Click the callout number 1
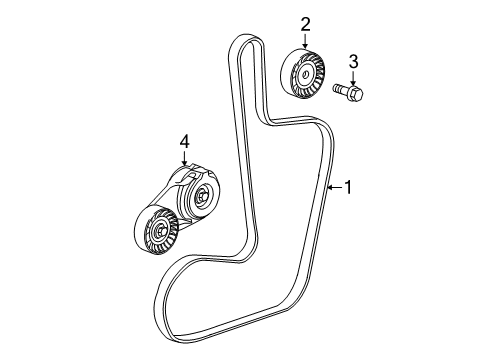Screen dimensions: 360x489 coord(348,186)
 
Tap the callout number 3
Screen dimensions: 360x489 coord(352,62)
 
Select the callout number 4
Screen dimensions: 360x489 coord(183,145)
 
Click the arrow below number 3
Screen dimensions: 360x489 coord(352,77)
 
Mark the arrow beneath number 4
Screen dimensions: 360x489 coord(183,162)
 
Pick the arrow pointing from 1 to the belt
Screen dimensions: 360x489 coord(333,186)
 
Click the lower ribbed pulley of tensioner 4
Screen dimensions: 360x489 coord(155,236)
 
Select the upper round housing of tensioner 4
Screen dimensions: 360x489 coord(202,198)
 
